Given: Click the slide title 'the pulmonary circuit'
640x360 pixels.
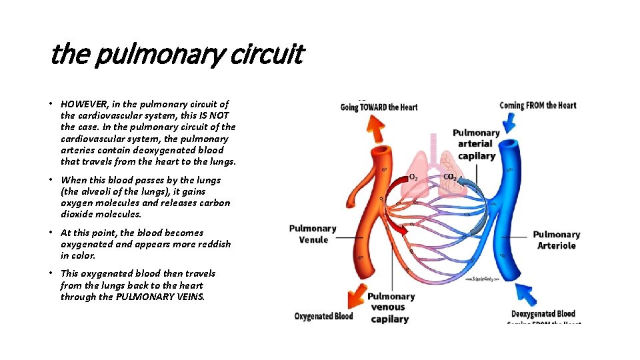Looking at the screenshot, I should click(x=177, y=55).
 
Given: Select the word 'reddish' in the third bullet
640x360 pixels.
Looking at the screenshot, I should click(x=213, y=244).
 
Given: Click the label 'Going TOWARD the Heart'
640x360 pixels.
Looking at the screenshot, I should click(x=379, y=107).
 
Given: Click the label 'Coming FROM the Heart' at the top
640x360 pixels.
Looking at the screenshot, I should click(x=537, y=105).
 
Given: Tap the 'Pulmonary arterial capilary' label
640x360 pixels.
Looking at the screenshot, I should click(x=476, y=144).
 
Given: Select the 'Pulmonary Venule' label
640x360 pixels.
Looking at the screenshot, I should click(x=313, y=234).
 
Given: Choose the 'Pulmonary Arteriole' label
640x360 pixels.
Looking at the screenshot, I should click(x=556, y=240).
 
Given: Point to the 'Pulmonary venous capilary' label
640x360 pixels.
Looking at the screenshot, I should click(x=391, y=307).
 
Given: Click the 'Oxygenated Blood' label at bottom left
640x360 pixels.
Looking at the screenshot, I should click(x=323, y=316).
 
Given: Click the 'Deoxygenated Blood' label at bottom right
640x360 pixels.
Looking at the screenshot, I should click(x=543, y=314).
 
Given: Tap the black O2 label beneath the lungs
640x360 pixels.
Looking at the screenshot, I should click(x=413, y=177).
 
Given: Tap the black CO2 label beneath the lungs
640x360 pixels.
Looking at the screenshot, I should click(x=450, y=177).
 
